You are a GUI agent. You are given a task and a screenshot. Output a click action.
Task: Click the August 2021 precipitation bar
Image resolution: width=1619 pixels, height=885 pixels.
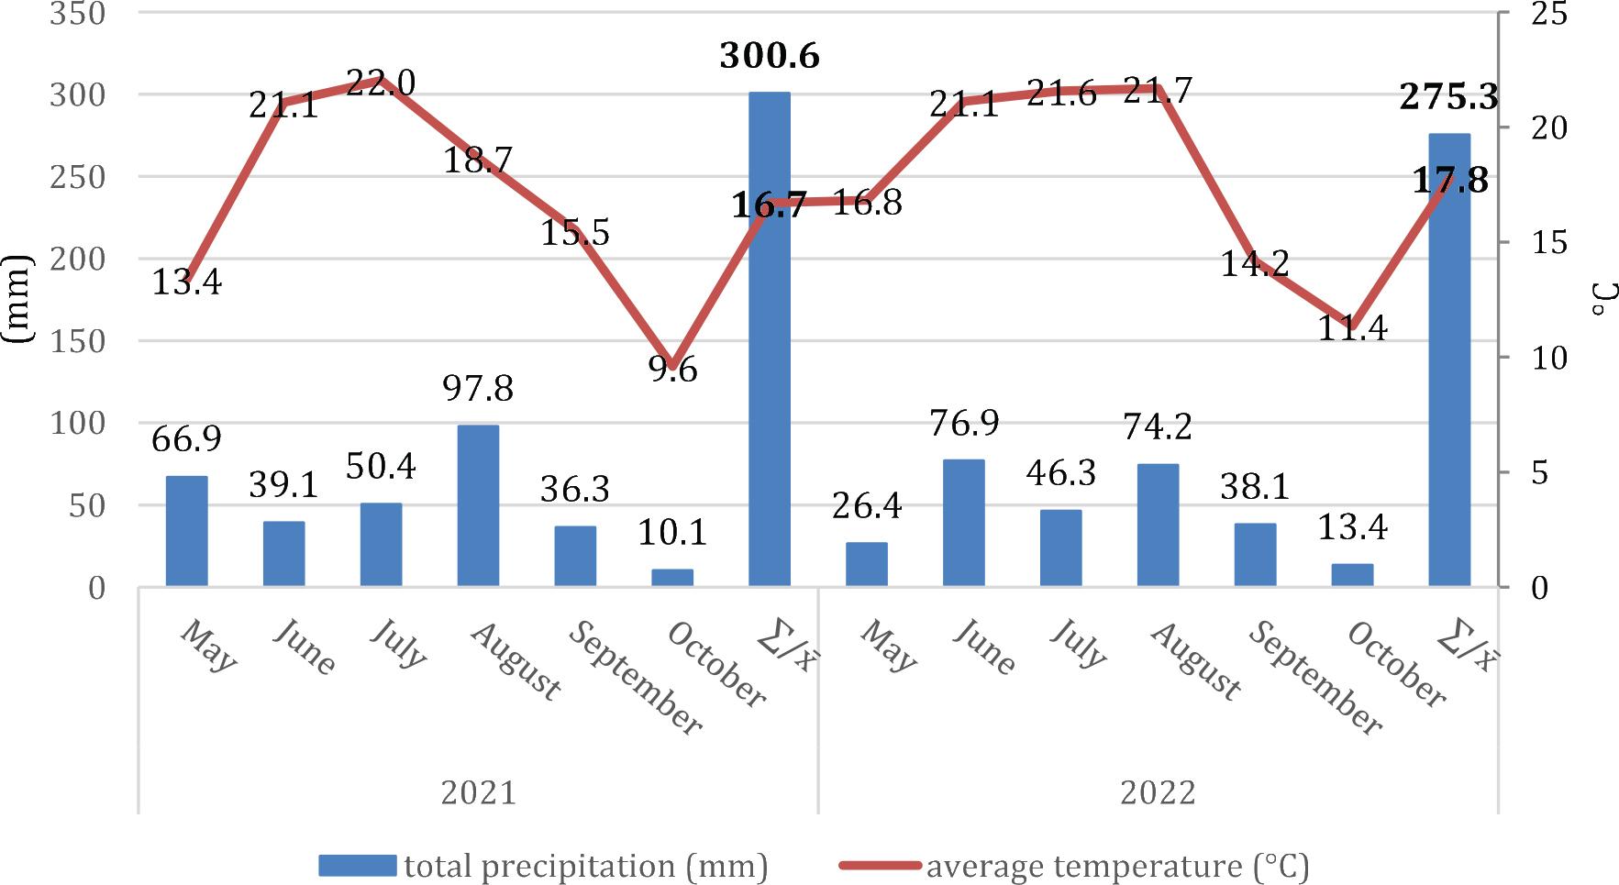pyautogui.click(x=478, y=505)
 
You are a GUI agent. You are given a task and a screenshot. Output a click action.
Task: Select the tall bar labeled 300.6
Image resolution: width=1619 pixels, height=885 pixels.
pyautogui.click(x=769, y=339)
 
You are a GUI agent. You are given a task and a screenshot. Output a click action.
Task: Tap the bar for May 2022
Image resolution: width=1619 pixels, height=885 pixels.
pyautogui.click(x=866, y=564)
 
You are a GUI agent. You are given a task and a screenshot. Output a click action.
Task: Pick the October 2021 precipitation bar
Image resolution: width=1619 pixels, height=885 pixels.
pyautogui.click(x=672, y=577)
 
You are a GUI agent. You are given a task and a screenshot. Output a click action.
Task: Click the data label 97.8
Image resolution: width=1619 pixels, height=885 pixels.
pyautogui.click(x=478, y=389)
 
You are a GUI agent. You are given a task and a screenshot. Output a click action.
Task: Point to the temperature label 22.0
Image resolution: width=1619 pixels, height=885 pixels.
pyautogui.click(x=381, y=83)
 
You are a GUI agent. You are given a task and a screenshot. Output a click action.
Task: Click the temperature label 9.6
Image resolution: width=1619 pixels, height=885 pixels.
pyautogui.click(x=674, y=370)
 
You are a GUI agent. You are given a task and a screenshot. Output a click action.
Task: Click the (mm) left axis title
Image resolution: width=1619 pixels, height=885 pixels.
pyautogui.click(x=17, y=299)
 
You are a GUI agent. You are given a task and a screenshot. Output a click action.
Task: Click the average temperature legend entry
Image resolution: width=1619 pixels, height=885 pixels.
pyautogui.click(x=1073, y=866)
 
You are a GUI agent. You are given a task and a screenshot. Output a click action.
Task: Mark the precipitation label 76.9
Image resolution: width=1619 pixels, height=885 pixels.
pyautogui.click(x=964, y=424)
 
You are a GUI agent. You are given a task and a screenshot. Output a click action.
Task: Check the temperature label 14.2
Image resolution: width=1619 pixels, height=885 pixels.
pyautogui.click(x=1254, y=264)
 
